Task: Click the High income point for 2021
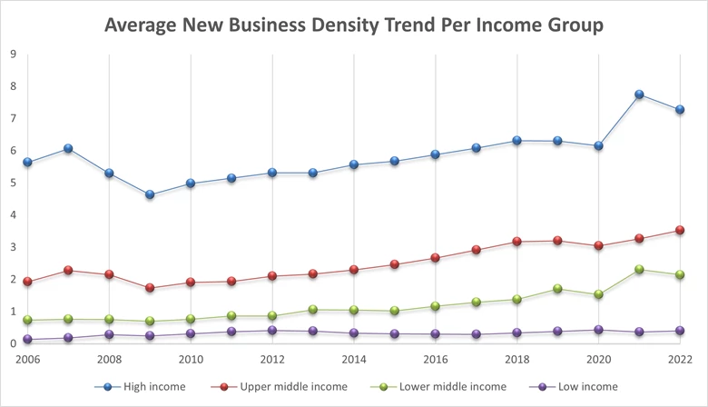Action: coord(639,94)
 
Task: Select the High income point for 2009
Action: coord(150,194)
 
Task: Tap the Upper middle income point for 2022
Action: coord(680,231)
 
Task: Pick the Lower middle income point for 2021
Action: coord(639,269)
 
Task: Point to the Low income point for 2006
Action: coord(27,340)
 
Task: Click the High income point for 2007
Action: coord(68,148)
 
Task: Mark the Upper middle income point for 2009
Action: coord(150,288)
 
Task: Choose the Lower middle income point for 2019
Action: coord(557,289)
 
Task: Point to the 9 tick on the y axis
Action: coord(13,55)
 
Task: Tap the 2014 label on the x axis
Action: coord(353,360)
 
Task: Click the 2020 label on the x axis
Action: coord(598,360)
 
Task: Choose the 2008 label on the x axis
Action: coord(109,360)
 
